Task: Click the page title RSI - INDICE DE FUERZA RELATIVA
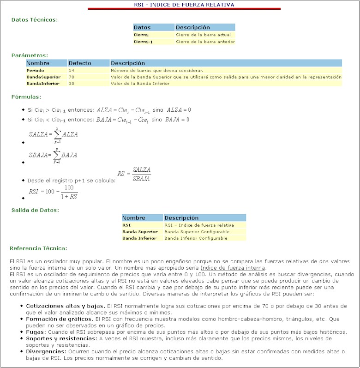click(x=184, y=5)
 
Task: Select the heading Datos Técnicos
click(x=35, y=20)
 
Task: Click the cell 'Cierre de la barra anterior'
click(x=205, y=42)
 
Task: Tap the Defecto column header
click(x=80, y=63)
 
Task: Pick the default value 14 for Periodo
click(x=72, y=70)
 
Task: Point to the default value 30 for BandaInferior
click(x=72, y=84)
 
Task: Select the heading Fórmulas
click(x=26, y=97)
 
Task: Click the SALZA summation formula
click(x=53, y=134)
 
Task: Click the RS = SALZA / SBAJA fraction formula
click(x=134, y=174)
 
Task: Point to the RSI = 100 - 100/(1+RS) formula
click(x=53, y=191)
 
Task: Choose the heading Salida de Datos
click(x=35, y=210)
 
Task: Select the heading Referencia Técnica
click(x=38, y=248)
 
